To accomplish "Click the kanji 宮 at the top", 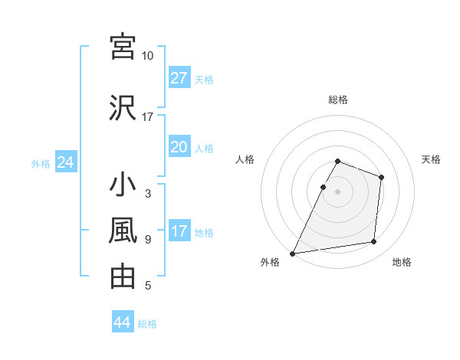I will point(123,47).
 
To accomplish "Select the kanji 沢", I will point(123,108).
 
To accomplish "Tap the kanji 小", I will point(123,186).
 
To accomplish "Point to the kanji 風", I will point(123,231).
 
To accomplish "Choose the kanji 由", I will point(123,275).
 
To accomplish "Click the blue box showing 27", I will point(179,78).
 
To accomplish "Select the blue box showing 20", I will point(179,147).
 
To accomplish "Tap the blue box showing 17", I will point(179,232).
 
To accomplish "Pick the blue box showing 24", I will point(65,163).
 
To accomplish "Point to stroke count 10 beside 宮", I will point(148,56).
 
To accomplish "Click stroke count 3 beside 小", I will point(148,194).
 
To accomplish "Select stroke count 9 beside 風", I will point(148,239).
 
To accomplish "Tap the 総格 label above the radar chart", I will point(337,100).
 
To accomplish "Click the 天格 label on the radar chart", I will point(431,159).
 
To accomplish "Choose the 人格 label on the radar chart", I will point(245,159).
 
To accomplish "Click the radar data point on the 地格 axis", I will point(374,242).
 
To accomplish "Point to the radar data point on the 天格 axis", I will point(381,177).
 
